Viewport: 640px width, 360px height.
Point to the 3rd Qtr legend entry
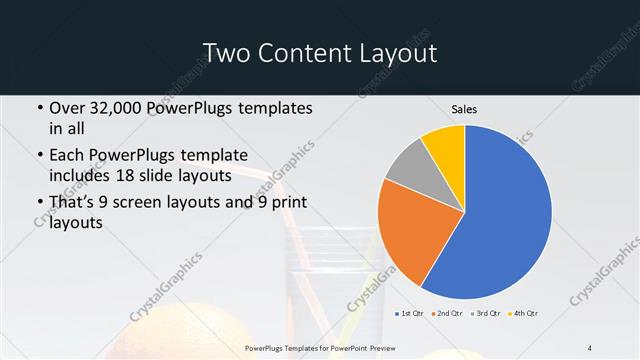[x=489, y=314]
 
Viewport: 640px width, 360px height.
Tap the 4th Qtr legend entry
[x=526, y=314]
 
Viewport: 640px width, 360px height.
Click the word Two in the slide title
[x=228, y=52]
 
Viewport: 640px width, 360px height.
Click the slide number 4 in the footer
[x=590, y=347]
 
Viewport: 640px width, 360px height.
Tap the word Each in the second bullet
[x=68, y=156]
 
